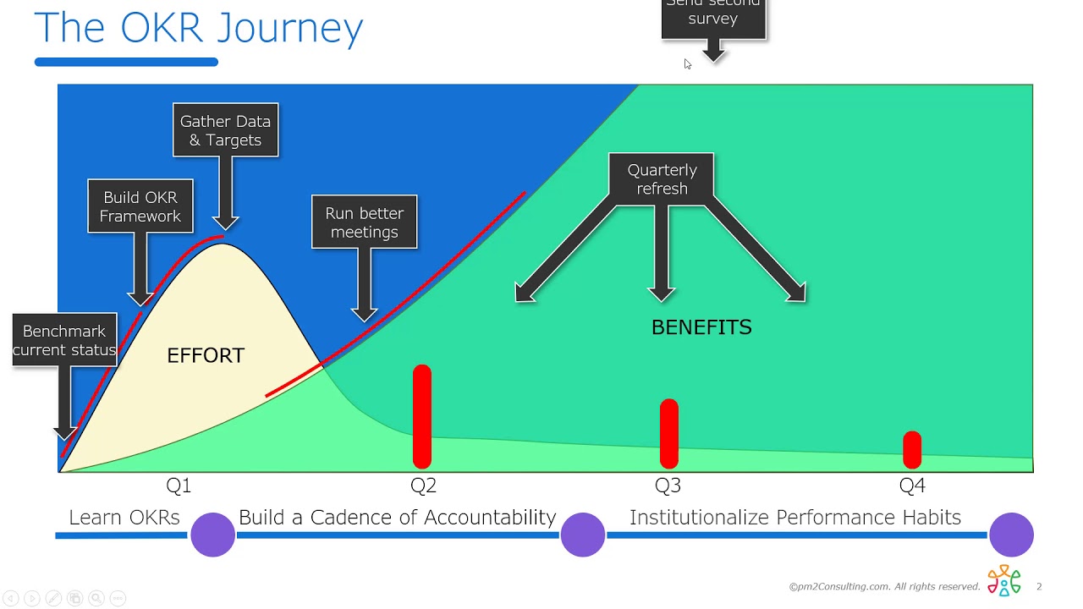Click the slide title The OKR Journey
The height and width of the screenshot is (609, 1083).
click(x=198, y=28)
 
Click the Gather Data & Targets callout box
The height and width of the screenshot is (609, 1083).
click(x=225, y=130)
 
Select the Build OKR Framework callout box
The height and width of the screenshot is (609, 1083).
click(x=140, y=206)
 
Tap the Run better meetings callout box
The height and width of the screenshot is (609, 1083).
click(x=364, y=222)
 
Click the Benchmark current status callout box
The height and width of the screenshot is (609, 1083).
click(x=64, y=340)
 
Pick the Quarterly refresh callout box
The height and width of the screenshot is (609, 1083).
click(x=662, y=179)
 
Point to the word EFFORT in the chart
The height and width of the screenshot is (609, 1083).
click(x=206, y=356)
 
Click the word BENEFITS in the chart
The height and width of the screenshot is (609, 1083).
click(x=701, y=328)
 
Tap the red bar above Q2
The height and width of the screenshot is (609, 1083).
click(x=422, y=416)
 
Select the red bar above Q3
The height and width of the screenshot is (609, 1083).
click(x=668, y=433)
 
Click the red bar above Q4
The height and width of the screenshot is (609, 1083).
click(x=912, y=449)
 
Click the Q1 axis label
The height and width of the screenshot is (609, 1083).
click(x=179, y=486)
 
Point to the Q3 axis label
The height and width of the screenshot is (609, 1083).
click(x=668, y=486)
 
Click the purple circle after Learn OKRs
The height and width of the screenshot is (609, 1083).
click(x=212, y=535)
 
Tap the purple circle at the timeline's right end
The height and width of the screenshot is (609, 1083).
click(x=1011, y=535)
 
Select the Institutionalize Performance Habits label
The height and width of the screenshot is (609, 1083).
click(x=794, y=518)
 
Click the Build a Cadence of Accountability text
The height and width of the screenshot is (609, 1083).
click(x=397, y=518)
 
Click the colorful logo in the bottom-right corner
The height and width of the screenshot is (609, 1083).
click(x=1004, y=581)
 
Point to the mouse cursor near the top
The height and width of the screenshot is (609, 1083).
click(x=687, y=64)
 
